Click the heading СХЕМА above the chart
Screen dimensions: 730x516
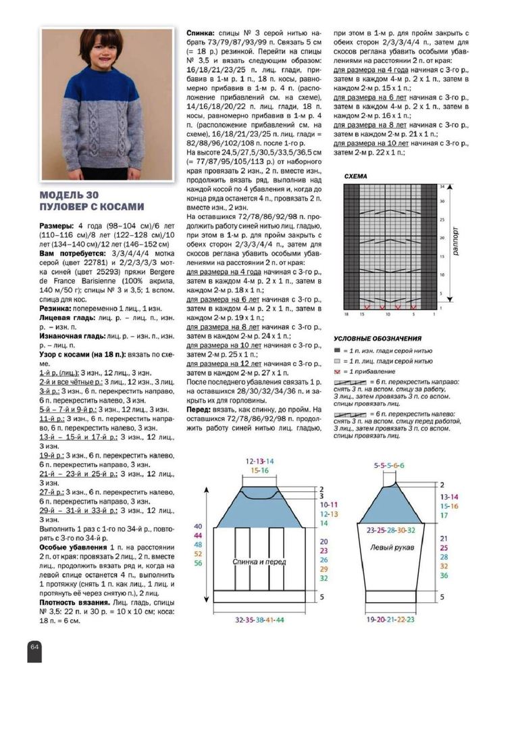point(355,176)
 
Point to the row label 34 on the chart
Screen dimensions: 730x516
point(443,185)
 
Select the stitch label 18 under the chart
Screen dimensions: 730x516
point(345,314)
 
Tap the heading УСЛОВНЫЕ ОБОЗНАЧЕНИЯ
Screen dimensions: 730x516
point(378,338)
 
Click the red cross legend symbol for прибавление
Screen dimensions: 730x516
point(337,372)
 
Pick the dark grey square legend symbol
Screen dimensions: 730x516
point(337,351)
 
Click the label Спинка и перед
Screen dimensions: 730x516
point(259,561)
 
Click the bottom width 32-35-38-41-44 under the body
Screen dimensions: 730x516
point(259,619)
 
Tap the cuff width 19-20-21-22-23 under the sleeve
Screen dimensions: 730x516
point(391,619)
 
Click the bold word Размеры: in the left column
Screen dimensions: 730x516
point(58,226)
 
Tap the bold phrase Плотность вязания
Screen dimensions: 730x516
point(75,602)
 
